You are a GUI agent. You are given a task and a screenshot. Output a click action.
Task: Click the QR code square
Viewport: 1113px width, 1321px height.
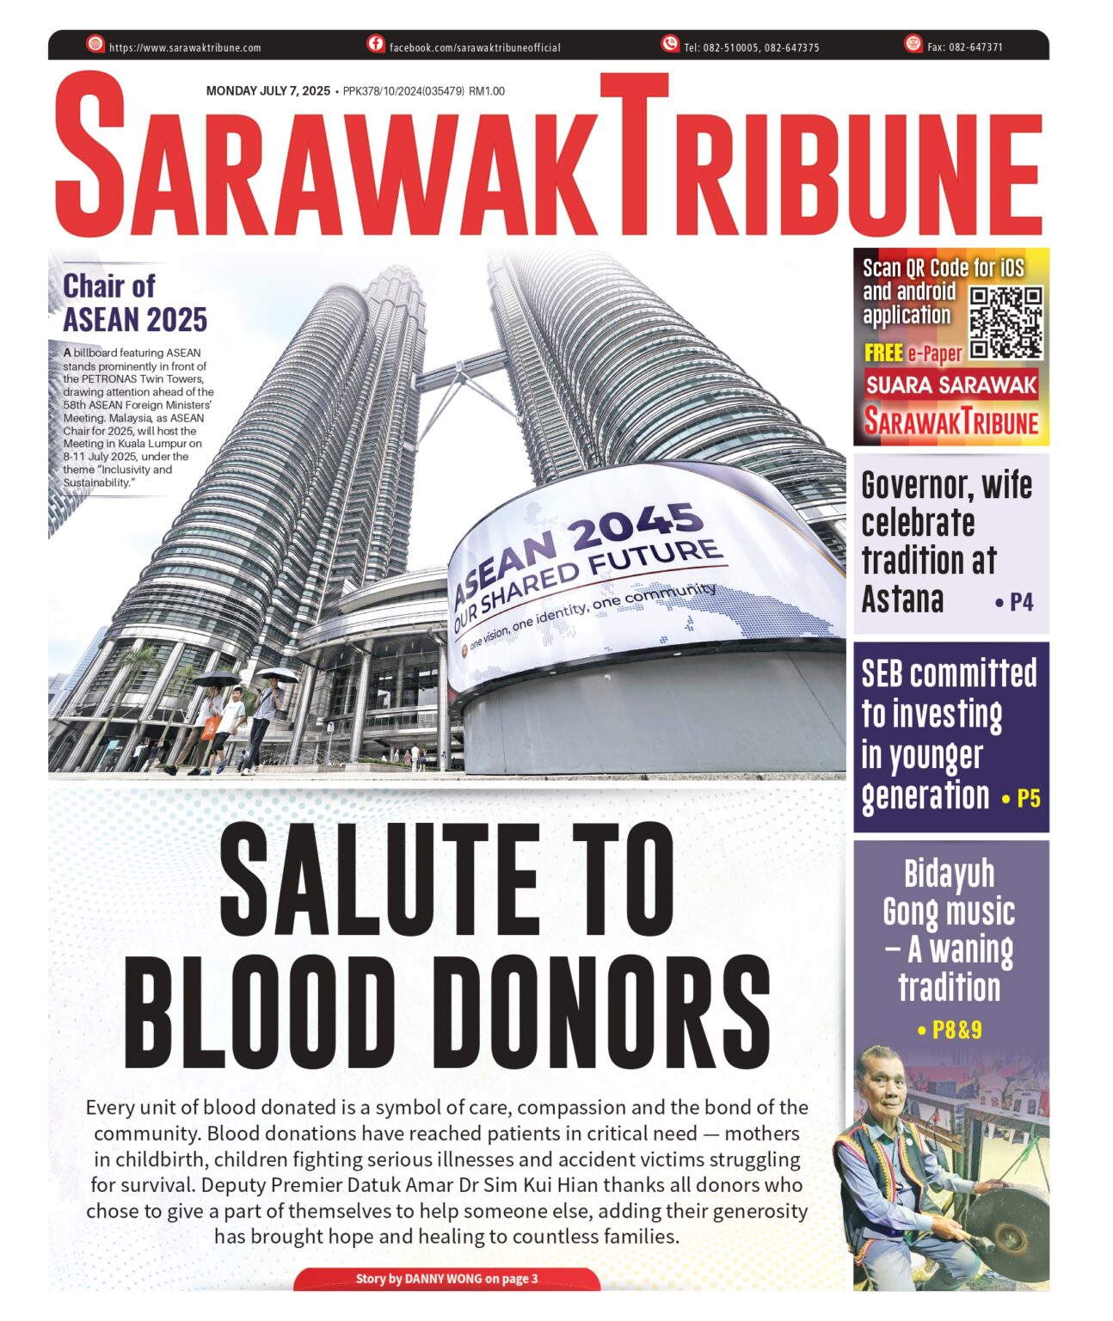pyautogui.click(x=1005, y=323)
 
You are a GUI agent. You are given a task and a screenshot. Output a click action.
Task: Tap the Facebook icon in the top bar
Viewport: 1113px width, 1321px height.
pyautogui.click(x=376, y=44)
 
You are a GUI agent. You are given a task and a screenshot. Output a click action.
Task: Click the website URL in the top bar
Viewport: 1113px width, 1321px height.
pyautogui.click(x=185, y=48)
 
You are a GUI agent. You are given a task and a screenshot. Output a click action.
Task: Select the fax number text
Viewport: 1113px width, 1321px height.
pyautogui.click(x=964, y=48)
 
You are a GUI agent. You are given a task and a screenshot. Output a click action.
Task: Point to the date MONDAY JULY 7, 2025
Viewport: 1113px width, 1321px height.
pyautogui.click(x=267, y=91)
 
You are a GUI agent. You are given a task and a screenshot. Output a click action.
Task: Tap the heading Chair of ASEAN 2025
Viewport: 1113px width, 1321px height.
pyautogui.click(x=134, y=303)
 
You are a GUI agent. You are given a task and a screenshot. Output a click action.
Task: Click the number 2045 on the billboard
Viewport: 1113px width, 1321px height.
pyautogui.click(x=637, y=524)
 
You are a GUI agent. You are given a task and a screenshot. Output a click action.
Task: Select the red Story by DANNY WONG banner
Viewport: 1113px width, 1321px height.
pyautogui.click(x=446, y=1279)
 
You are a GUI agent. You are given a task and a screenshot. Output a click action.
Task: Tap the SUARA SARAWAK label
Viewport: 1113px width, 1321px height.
pyautogui.click(x=951, y=385)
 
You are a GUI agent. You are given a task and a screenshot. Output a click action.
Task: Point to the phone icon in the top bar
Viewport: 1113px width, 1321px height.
pyautogui.click(x=670, y=44)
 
